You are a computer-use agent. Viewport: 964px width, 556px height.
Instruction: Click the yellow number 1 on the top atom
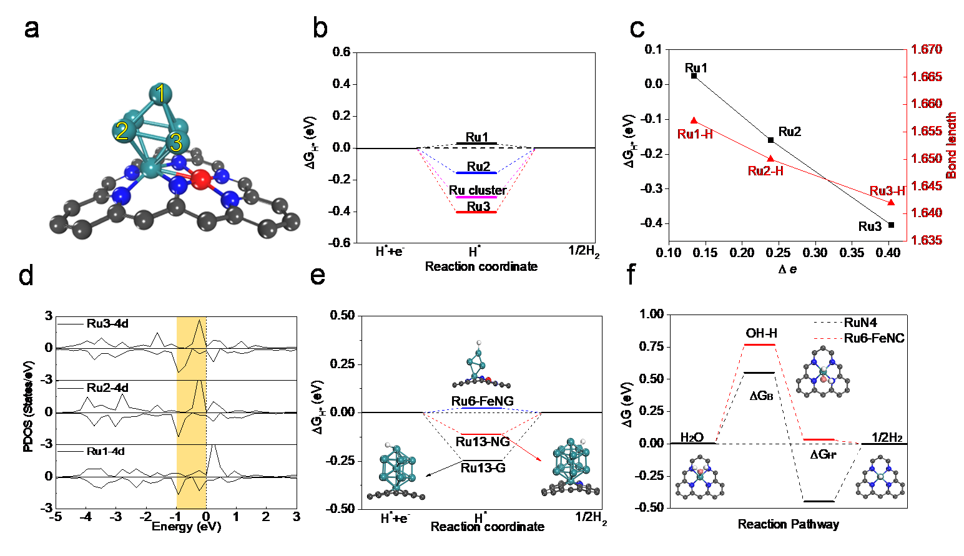pyautogui.click(x=161, y=94)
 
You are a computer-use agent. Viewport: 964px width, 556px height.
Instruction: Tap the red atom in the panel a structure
pyautogui.click(x=201, y=179)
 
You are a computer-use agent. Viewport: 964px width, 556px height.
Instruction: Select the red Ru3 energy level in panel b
pyautogui.click(x=476, y=212)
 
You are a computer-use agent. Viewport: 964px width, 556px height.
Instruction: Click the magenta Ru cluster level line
pyautogui.click(x=476, y=197)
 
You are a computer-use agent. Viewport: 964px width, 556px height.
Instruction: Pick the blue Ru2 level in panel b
pyautogui.click(x=476, y=173)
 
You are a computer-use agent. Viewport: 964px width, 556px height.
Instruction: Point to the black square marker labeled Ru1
pyautogui.click(x=694, y=76)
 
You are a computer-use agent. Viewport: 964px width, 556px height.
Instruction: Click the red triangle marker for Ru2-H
pyautogui.click(x=770, y=159)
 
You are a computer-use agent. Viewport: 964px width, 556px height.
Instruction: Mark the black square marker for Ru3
pyautogui.click(x=891, y=225)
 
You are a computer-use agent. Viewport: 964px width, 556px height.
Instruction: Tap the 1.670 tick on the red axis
pyautogui.click(x=927, y=49)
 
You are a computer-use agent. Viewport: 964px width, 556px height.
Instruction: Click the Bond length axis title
pyautogui.click(x=952, y=145)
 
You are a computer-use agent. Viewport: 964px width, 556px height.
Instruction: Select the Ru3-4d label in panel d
pyautogui.click(x=107, y=323)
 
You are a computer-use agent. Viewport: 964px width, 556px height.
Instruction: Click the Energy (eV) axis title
pyautogui.click(x=186, y=527)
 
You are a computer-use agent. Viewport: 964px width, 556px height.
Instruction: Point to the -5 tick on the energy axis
pyautogui.click(x=56, y=517)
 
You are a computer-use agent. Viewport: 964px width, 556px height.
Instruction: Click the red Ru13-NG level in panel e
pyautogui.click(x=481, y=434)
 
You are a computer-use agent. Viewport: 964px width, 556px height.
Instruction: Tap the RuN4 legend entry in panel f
pyautogui.click(x=860, y=323)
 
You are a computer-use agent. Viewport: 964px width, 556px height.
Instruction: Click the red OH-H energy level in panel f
pyautogui.click(x=760, y=344)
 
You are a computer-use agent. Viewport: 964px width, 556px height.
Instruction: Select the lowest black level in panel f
pyautogui.click(x=819, y=501)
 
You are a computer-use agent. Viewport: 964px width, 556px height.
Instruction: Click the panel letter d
pyautogui.click(x=26, y=275)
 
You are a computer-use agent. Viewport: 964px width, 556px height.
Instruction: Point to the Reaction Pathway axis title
pyautogui.click(x=788, y=524)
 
